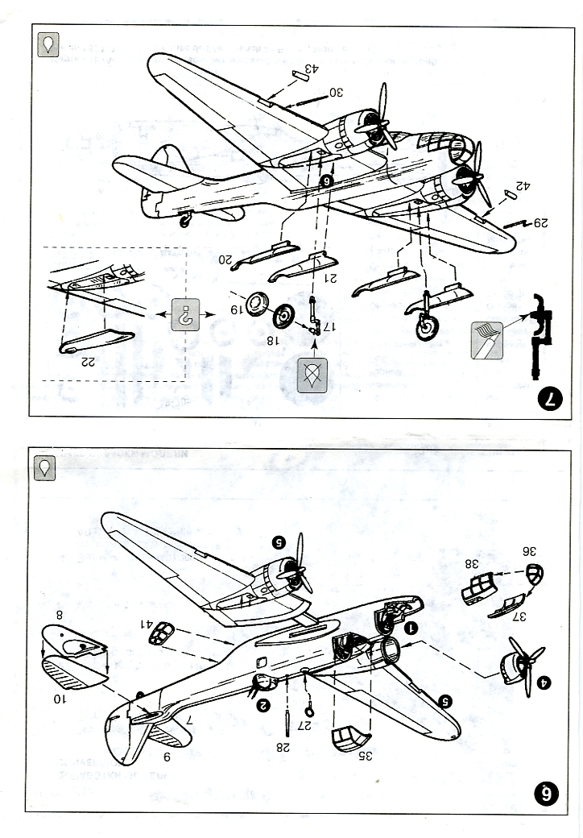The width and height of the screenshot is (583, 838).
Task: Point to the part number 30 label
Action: click(335, 92)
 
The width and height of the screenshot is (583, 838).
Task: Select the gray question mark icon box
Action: click(186, 317)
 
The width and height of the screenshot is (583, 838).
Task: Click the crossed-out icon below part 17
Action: click(311, 375)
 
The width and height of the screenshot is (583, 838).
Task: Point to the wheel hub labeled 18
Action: click(283, 317)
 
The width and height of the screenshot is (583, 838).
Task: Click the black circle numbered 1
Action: click(411, 627)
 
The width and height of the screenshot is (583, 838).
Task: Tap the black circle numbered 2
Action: click(263, 705)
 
